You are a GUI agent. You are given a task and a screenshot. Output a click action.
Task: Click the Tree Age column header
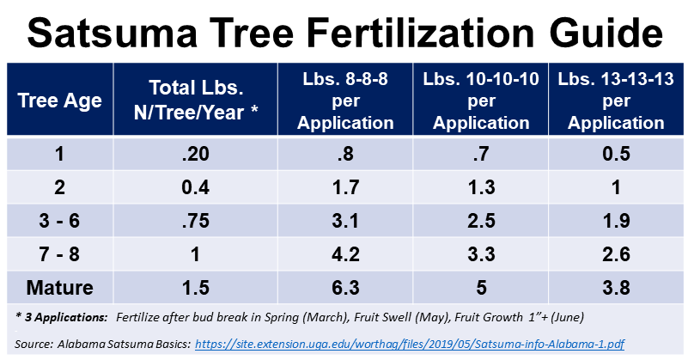(x=60, y=101)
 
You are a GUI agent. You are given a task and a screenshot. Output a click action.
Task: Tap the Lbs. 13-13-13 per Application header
(x=617, y=101)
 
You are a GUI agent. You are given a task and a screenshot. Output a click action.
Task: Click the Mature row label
(x=60, y=286)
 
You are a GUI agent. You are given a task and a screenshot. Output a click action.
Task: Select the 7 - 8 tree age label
(x=60, y=254)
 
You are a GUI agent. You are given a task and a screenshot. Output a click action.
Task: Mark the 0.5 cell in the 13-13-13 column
(x=617, y=155)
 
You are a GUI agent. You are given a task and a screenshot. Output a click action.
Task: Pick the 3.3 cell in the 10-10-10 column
(x=481, y=254)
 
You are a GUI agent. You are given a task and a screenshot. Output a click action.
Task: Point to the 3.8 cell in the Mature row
(x=617, y=286)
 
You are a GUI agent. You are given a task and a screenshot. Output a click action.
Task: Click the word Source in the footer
(x=35, y=344)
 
